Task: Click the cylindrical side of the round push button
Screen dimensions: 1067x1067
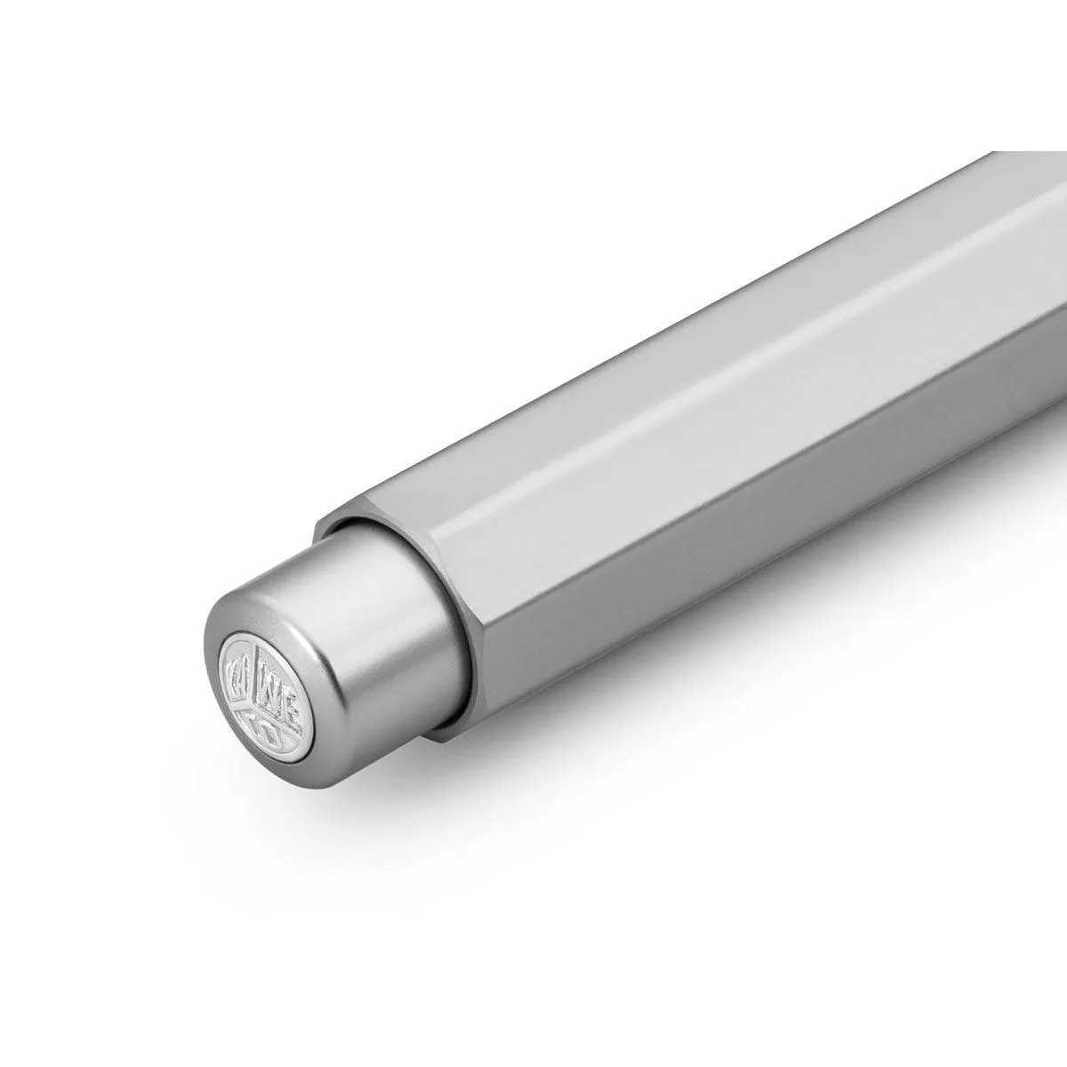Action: point(373,622)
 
